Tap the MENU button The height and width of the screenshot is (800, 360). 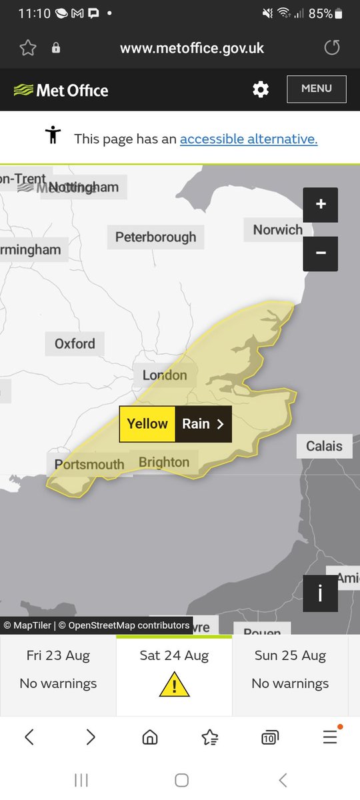point(317,89)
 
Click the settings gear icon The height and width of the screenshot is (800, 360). point(261,89)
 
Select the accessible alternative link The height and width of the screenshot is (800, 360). point(249,139)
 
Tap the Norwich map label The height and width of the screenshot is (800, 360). point(277,230)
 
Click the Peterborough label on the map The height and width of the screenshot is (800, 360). point(156,237)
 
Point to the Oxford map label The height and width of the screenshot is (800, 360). point(75,343)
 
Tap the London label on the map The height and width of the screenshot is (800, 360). point(165,375)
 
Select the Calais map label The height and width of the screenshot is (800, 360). point(324,446)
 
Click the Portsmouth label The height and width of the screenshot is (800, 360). point(89,464)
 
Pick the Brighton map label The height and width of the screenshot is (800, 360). point(164,462)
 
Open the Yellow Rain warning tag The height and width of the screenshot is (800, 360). point(175,424)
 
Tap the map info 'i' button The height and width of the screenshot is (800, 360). point(320,593)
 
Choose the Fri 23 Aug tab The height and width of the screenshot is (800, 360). point(58,670)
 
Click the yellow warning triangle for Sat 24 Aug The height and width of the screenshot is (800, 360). point(174,684)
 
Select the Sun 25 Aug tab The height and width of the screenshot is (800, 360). point(290,670)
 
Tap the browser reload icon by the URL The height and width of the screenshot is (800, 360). point(331,47)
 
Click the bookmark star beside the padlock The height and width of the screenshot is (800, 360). point(27,47)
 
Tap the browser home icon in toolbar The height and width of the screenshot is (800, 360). point(150,737)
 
